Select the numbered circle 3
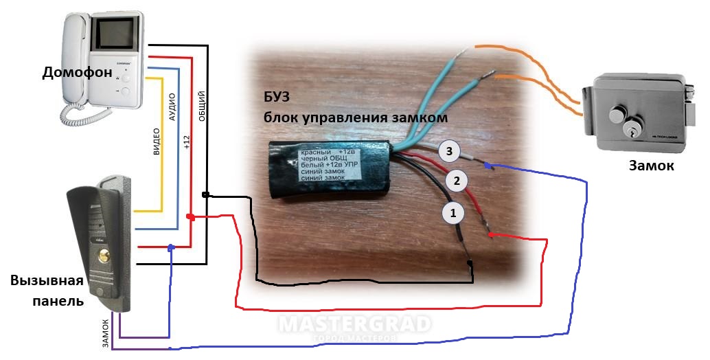coord(448,150)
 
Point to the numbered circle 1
coord(452,212)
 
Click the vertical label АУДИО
coord(172,107)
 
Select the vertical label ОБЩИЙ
coord(202,106)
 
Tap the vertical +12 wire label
coord(187,142)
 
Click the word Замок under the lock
coord(652,166)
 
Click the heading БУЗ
coord(277,96)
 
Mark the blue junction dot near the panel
coord(171,249)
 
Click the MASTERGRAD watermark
coord(355,324)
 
